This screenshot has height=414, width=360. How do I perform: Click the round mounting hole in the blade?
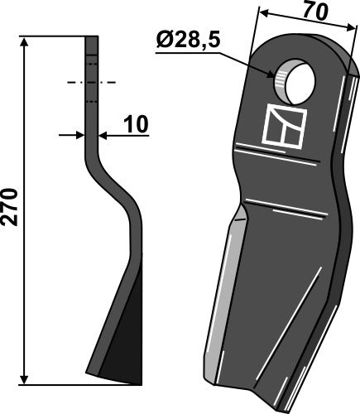[x=294, y=79]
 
